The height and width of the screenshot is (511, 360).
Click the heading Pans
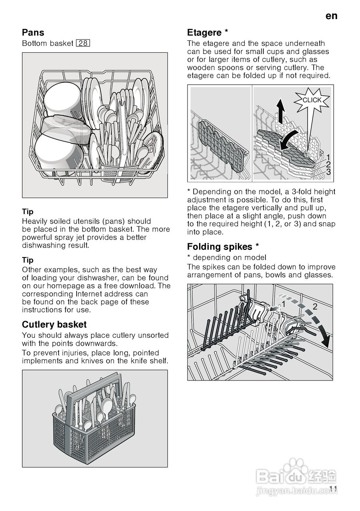click(33, 32)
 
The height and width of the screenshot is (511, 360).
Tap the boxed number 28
click(83, 44)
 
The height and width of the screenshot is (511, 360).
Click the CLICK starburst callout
click(312, 100)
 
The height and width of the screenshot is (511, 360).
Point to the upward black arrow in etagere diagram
click(282, 111)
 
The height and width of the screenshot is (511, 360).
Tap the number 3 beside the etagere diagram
click(328, 172)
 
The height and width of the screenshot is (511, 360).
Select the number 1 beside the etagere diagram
click(328, 157)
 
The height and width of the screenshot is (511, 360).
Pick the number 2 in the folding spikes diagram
click(315, 307)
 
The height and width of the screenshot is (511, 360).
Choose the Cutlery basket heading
click(54, 324)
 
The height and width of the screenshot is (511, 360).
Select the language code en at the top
click(331, 16)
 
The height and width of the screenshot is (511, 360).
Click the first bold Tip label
click(28, 212)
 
